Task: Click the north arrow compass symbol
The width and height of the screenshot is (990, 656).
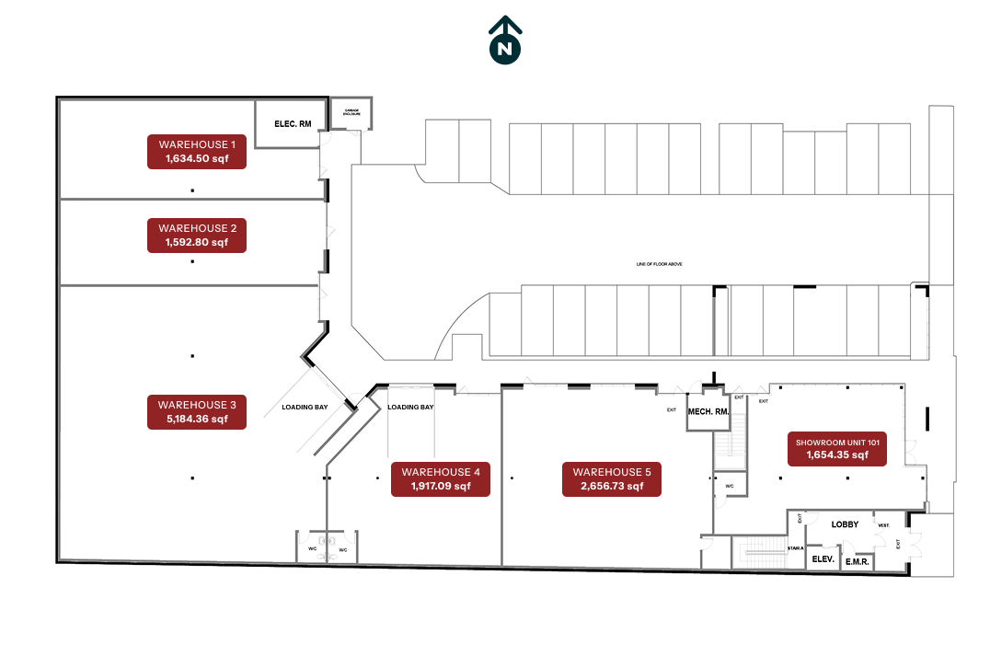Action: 504,42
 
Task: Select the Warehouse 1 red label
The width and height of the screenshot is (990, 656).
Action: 197,152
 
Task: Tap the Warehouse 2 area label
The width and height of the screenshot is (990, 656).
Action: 197,236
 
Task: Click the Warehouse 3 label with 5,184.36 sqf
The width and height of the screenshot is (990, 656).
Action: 197,411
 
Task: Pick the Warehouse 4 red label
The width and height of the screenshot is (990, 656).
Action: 441,479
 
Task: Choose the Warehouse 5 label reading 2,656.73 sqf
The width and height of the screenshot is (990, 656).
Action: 611,479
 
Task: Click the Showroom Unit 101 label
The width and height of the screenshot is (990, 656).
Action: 837,448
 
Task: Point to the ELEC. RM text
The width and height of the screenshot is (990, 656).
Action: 293,123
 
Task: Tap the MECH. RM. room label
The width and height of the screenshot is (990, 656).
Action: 708,411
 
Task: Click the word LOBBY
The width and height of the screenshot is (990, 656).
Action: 845,524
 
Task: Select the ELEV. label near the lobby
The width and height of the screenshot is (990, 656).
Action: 823,559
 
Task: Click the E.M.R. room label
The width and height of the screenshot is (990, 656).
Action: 858,560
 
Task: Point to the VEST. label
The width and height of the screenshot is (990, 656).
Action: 883,525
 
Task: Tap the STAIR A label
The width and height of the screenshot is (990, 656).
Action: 796,548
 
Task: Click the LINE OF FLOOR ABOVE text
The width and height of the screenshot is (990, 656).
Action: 659,264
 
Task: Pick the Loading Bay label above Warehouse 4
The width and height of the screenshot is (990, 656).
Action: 410,407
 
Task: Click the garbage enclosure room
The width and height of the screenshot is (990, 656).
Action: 351,113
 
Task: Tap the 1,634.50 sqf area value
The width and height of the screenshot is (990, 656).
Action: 197,159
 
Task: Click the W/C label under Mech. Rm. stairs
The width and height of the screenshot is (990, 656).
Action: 729,486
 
